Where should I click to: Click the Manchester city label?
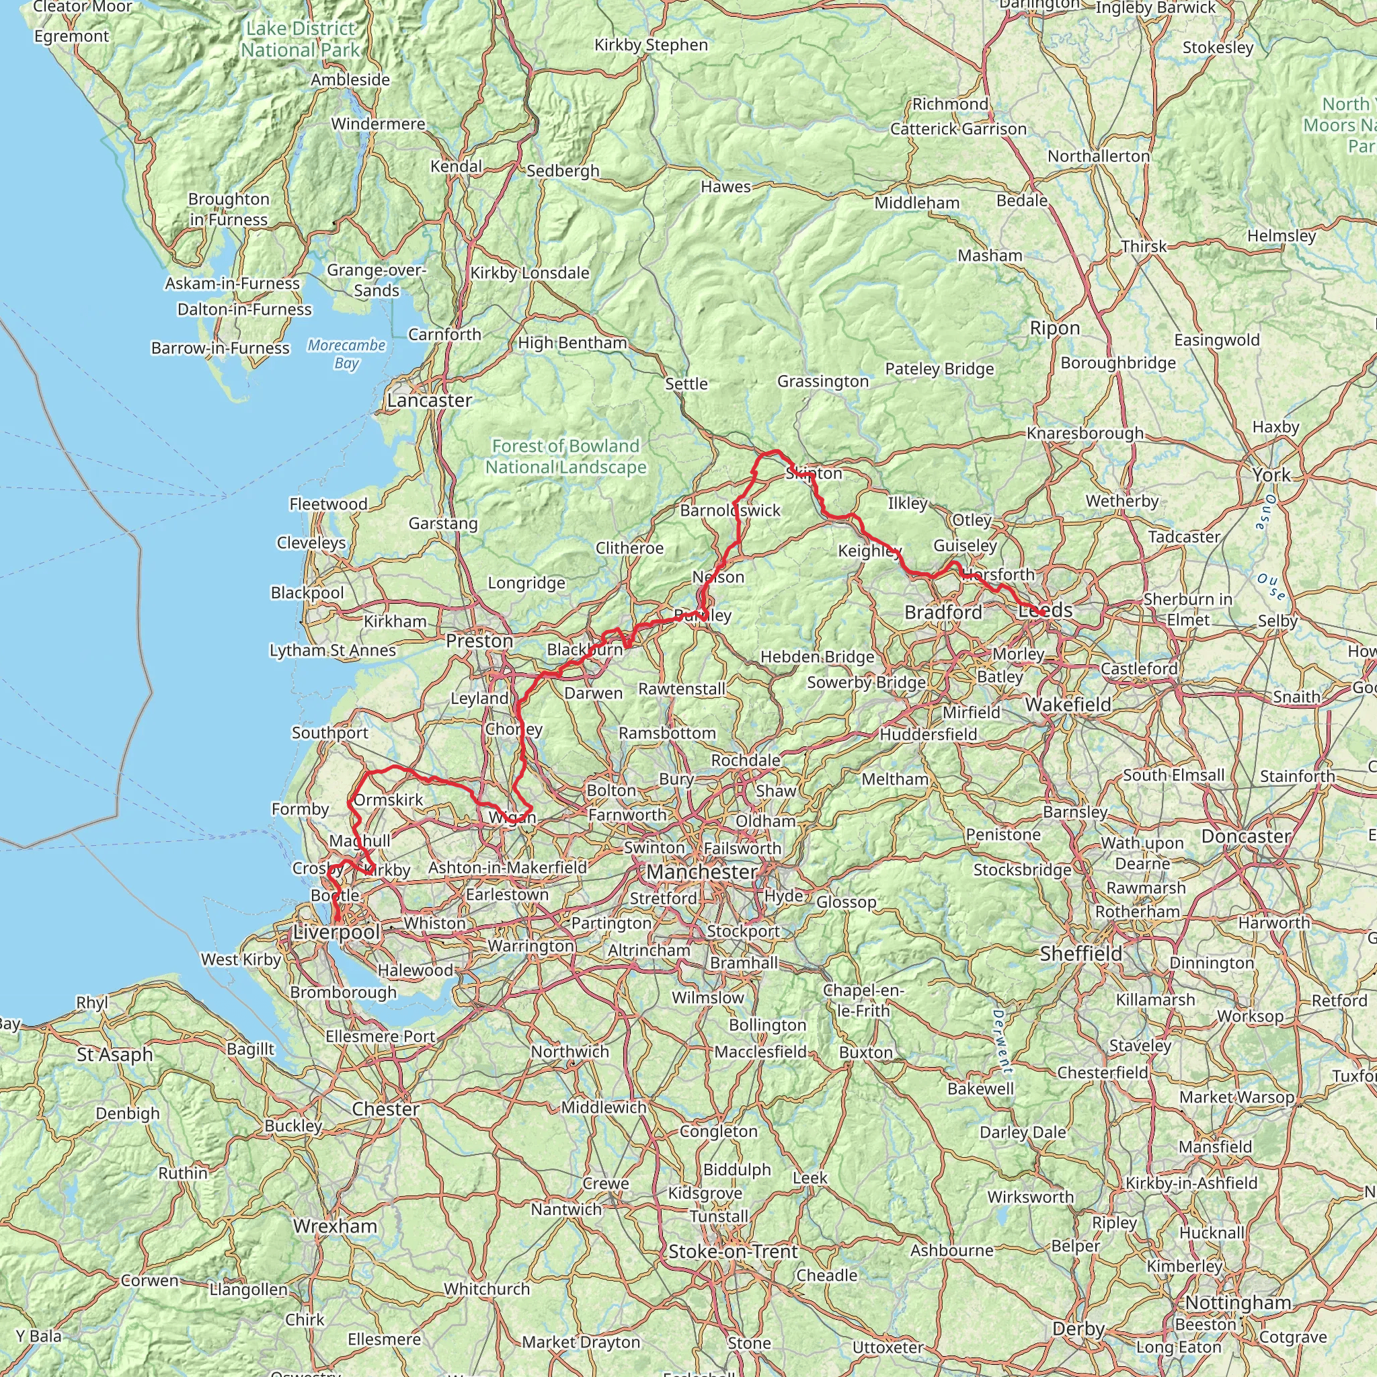701,871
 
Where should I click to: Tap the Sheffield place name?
1080,953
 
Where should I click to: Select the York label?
1271,475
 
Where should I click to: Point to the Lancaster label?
429,401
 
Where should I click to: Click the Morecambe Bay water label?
346,354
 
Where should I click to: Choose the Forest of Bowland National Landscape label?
566,456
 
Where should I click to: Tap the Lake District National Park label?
300,39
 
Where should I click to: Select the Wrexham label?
335,1226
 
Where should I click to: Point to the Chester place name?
385,1109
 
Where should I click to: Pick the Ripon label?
1055,328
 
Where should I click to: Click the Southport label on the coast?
330,733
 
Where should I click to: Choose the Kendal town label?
456,166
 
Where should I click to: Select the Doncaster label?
1246,836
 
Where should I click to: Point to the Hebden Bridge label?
817,656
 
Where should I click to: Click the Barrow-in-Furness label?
221,348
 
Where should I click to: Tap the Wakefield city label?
1068,704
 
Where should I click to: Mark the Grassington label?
823,381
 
